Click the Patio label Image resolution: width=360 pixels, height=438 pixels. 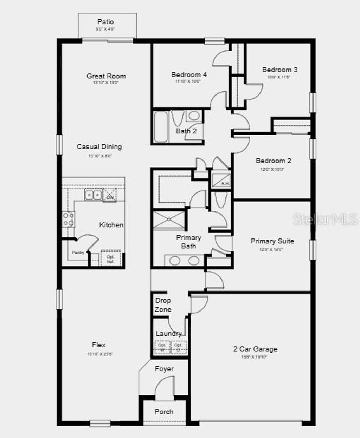[x=105, y=22]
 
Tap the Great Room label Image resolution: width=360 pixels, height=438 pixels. [x=106, y=76]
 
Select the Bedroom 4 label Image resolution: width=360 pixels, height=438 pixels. [x=189, y=74]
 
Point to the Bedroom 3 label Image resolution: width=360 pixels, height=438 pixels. [x=279, y=70]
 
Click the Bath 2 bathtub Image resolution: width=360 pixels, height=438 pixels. [x=161, y=127]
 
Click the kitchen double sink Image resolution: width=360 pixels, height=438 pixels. [x=93, y=195]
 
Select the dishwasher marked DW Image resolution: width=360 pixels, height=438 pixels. [x=110, y=195]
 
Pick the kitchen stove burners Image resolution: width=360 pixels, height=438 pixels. [x=68, y=219]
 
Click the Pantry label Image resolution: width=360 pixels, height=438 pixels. [x=78, y=252]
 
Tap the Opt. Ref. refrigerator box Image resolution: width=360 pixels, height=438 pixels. [x=111, y=259]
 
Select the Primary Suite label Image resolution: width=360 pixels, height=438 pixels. [x=272, y=241]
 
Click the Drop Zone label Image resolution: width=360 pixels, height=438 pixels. [x=163, y=305]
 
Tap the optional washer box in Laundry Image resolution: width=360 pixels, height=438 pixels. [x=162, y=347]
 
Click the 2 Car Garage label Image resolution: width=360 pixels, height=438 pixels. [x=255, y=349]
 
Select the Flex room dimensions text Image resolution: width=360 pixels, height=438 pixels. [x=100, y=354]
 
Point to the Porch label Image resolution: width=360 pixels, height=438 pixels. [x=164, y=412]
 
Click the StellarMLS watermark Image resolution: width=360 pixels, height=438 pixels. [x=325, y=219]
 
